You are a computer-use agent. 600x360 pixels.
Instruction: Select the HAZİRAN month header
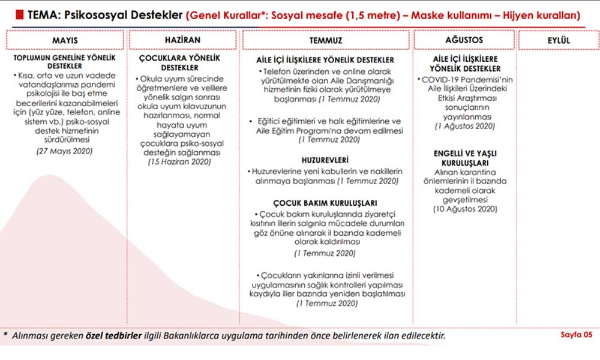coord(182,40)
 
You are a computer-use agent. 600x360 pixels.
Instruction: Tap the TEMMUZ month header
coord(327,40)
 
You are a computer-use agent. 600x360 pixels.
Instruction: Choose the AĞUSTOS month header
coord(465,40)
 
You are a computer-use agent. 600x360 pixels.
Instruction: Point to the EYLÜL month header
coord(559,40)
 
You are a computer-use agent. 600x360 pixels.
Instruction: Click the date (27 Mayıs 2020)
coord(64,151)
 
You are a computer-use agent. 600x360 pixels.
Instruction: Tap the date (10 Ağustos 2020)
coord(465,209)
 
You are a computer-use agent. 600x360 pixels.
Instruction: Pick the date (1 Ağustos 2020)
coord(465,127)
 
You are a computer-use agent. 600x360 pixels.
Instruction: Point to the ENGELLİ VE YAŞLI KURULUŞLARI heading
coord(465,158)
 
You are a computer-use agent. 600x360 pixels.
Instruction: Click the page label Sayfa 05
coord(575,334)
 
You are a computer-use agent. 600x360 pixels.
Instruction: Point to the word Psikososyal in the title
coord(97,13)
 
